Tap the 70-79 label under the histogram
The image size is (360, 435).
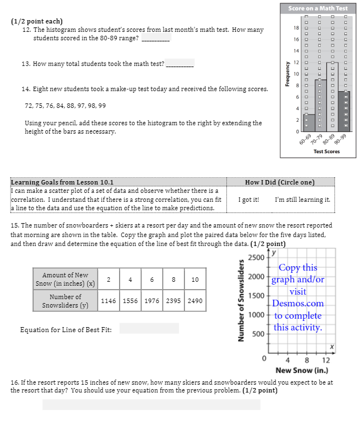319,139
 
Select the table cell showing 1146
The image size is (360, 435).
108,301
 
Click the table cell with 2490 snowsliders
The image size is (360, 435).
195,301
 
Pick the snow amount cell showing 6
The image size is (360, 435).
151,280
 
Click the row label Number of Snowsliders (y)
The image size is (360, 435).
65,301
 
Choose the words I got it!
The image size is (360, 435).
248,200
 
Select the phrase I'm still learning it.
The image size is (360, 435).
302,200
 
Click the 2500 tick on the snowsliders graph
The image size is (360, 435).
257,258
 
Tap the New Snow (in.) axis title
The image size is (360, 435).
301,371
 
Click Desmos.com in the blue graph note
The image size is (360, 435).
298,304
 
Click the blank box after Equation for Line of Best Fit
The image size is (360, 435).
149,329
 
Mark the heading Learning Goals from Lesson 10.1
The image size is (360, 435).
62,182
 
